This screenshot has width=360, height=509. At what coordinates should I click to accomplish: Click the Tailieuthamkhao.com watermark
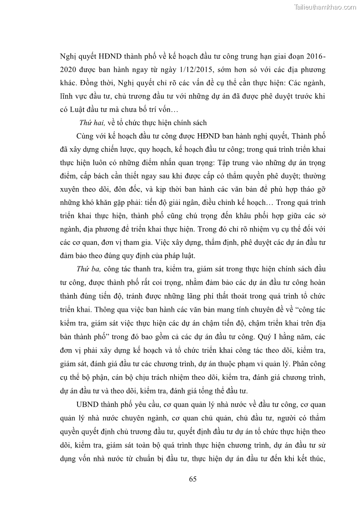(x=326, y=7)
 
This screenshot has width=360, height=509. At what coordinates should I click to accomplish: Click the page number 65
(x=192, y=480)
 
